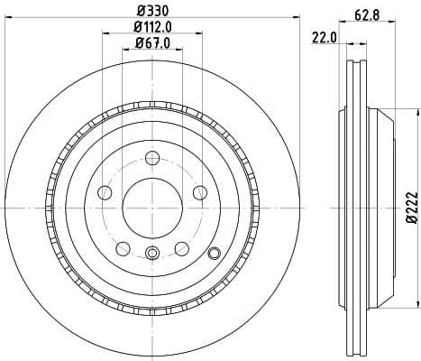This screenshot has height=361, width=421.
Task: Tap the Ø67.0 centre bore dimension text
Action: point(152,42)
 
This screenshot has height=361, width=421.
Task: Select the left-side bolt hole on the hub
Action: point(105,191)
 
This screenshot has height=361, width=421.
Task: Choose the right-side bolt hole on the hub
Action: point(199,191)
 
